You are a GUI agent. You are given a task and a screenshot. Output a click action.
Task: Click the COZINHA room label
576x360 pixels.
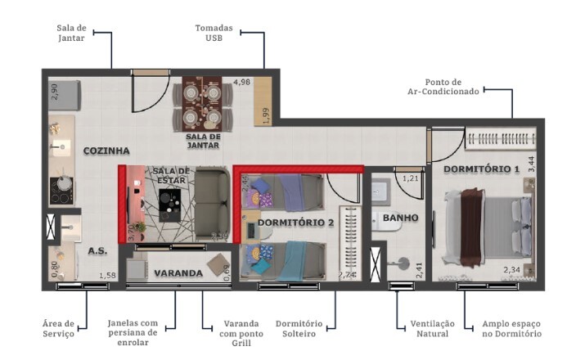[x=106, y=151]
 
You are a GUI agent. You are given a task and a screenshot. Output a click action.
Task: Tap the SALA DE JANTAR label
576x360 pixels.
[x=204, y=141]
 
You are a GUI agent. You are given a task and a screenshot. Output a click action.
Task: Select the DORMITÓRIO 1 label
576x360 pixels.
[x=482, y=169]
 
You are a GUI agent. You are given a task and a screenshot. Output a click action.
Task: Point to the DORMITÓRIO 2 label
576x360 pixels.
[x=295, y=223]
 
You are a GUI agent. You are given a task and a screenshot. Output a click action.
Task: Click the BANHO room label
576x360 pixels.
[x=400, y=218]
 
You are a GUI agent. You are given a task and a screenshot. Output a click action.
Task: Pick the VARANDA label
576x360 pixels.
[x=178, y=272]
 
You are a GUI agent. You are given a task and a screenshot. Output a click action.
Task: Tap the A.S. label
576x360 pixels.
[x=98, y=252]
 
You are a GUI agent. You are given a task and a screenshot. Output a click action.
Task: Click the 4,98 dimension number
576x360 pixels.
[x=241, y=83]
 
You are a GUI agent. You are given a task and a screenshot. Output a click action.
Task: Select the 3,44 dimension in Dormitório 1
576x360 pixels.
[x=531, y=162]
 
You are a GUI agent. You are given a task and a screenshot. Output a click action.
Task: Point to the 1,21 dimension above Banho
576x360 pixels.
[x=411, y=178]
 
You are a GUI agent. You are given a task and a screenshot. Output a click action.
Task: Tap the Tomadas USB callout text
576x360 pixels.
[x=214, y=33]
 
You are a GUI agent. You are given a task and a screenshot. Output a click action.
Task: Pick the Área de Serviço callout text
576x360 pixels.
[x=58, y=329]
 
